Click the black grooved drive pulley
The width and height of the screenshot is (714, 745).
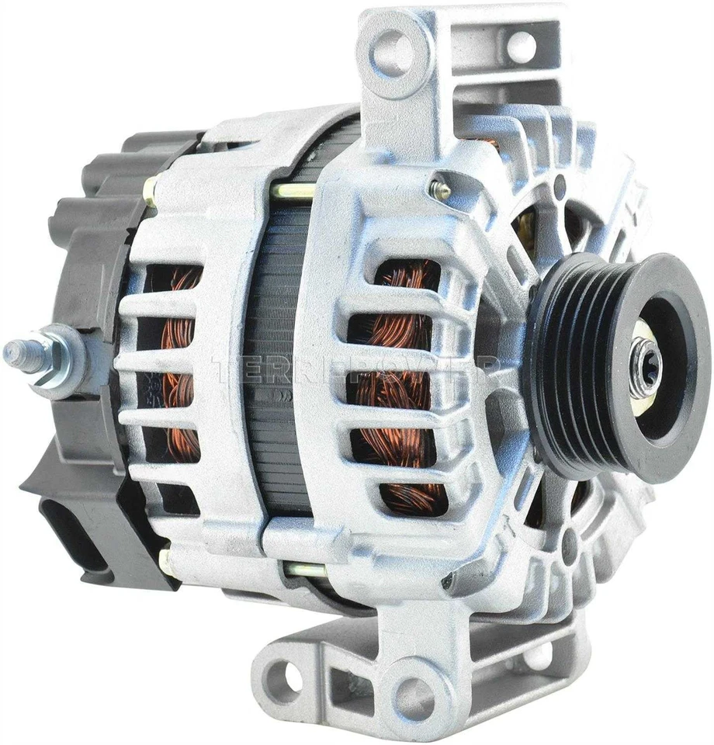590,365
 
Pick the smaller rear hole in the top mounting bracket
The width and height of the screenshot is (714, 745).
522,46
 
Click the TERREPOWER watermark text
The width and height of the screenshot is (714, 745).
353,371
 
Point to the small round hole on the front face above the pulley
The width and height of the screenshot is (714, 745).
560,185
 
